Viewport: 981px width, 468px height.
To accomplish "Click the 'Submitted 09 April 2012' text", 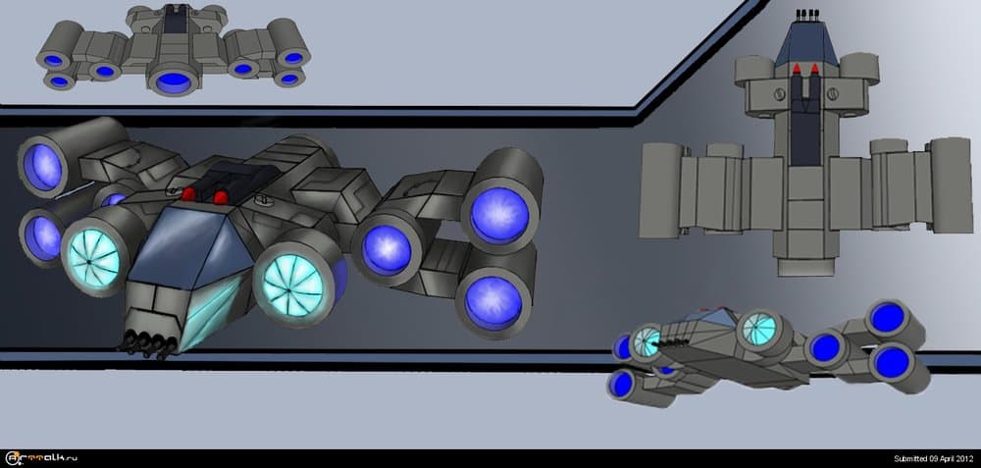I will point(932,458).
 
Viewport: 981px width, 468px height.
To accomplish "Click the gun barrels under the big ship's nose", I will point(148,341).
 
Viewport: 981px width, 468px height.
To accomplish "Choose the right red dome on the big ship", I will point(222,198).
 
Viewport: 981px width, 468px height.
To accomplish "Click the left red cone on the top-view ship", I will point(795,70).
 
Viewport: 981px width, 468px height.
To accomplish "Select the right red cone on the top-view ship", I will point(814,70).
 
